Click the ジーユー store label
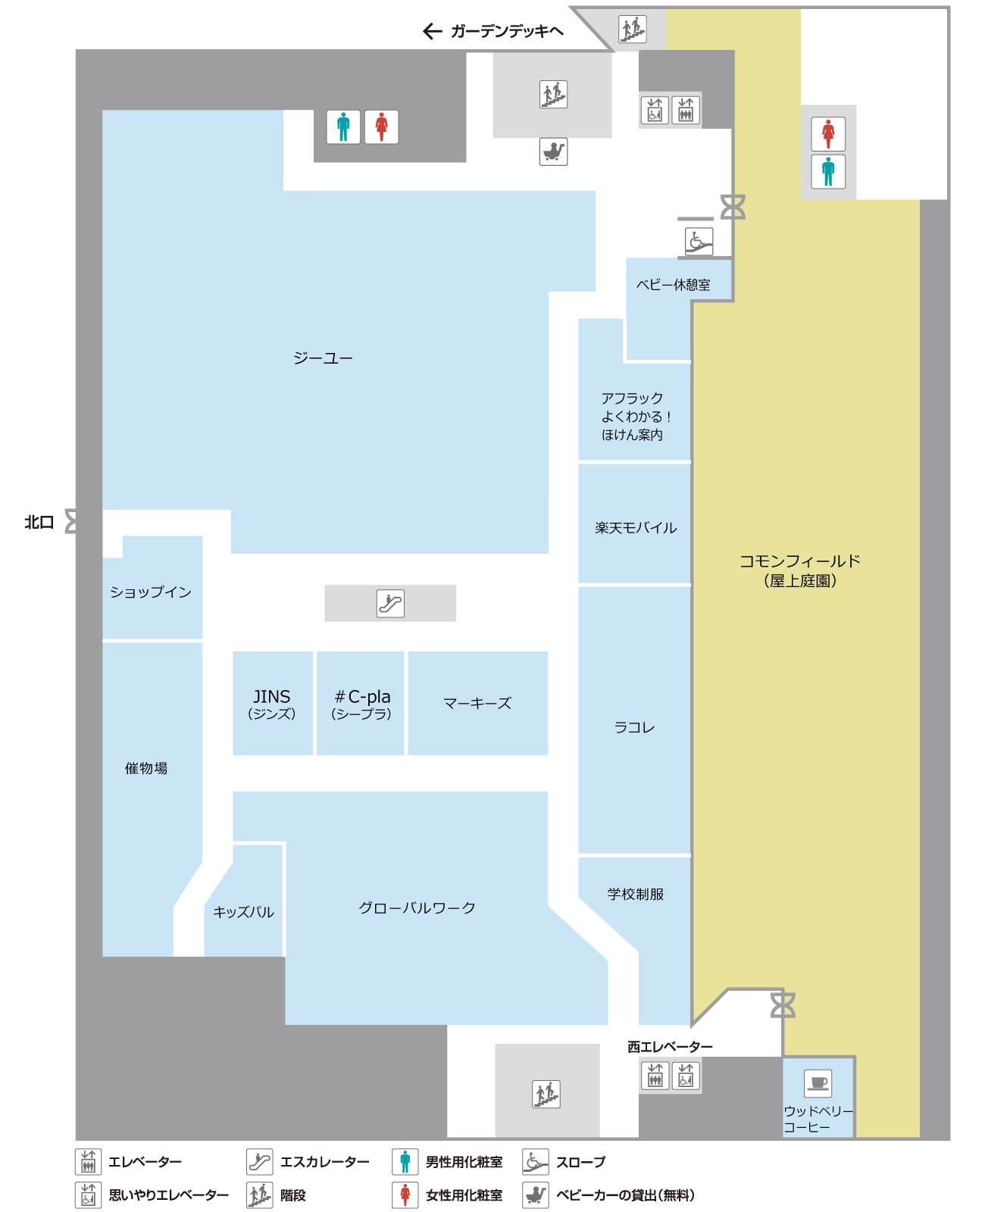tap(323, 358)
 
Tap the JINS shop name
tap(271, 703)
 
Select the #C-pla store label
tap(361, 703)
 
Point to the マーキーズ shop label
tap(477, 703)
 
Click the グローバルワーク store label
tap(417, 907)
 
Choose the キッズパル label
tap(243, 912)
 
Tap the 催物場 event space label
tap(146, 768)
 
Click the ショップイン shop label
tap(151, 592)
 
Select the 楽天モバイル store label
tap(636, 527)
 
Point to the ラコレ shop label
tap(634, 727)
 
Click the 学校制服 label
tap(635, 894)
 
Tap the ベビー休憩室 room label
tap(673, 285)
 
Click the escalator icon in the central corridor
tap(390, 603)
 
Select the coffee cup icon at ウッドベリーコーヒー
tap(818, 1082)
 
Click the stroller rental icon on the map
tap(553, 151)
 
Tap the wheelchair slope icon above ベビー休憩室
tap(699, 241)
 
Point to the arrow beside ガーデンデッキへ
tap(433, 31)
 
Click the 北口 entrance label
tap(39, 522)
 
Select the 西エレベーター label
tap(670, 1046)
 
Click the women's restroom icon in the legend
tap(405, 1195)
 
